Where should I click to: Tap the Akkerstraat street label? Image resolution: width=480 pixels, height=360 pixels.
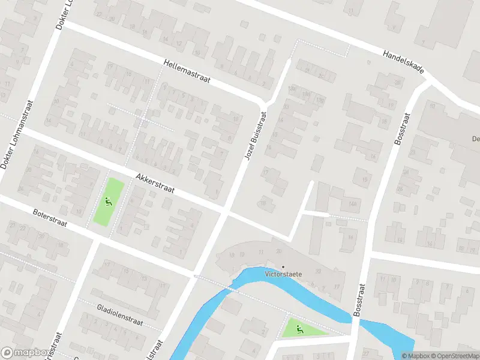tap(155, 183)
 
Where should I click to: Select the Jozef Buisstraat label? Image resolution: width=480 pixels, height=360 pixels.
tap(254, 135)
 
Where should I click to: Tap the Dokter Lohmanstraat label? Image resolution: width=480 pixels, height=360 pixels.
tap(17, 135)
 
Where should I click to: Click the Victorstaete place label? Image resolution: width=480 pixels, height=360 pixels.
tap(283, 274)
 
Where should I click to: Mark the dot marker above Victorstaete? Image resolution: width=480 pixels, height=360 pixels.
tap(283, 266)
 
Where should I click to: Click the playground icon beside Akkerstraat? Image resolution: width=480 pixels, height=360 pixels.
tap(109, 202)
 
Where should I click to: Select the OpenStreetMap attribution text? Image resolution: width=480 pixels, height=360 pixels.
tap(453, 356)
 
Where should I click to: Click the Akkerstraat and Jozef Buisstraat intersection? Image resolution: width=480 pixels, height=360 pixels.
tap(225, 211)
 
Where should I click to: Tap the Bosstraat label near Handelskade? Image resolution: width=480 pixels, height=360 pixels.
tap(400, 128)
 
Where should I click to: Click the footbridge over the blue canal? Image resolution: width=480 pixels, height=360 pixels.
tap(228, 287)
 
